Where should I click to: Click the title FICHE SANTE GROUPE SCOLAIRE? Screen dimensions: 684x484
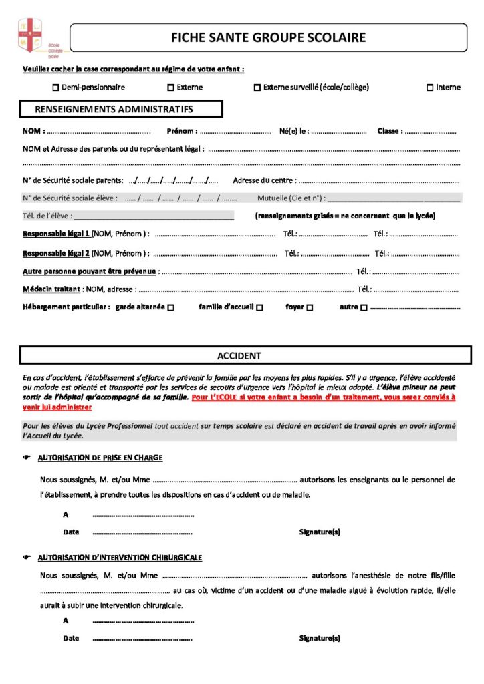[x=269, y=37]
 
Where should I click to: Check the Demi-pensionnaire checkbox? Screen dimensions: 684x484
[x=55, y=88]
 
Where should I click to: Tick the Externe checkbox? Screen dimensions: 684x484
[x=170, y=88]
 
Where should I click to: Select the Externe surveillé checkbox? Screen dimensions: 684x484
[x=257, y=88]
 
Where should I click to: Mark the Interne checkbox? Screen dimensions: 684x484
[x=430, y=88]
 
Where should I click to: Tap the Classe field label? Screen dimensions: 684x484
[x=390, y=131]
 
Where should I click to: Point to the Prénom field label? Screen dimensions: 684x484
[x=182, y=131]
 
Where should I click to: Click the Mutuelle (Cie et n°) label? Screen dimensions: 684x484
[x=291, y=198]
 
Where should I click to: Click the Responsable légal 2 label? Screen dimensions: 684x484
[x=56, y=253]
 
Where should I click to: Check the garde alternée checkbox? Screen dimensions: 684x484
[x=171, y=308]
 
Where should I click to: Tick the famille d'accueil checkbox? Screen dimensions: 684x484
[x=259, y=308]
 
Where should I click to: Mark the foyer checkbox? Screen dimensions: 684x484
[x=310, y=308]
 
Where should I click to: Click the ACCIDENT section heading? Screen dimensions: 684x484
[x=239, y=356]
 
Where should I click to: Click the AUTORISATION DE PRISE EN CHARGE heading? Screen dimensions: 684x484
[x=100, y=458]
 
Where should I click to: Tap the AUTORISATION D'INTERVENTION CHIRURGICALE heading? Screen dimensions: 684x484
[x=120, y=557]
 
